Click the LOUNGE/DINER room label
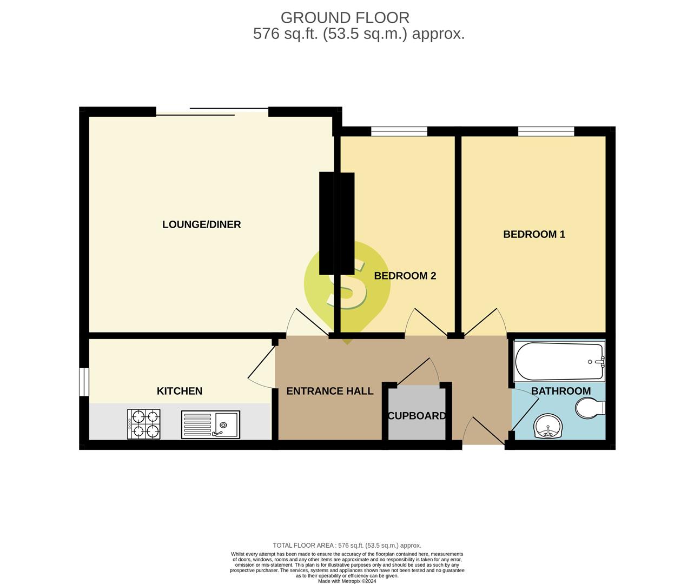point(201,224)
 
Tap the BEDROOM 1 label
point(534,234)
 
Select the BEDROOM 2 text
point(405,276)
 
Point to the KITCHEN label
point(180,391)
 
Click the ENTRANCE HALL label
point(330,391)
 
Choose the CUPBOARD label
point(417,416)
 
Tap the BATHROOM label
point(561,391)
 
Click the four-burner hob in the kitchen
point(143,424)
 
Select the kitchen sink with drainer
point(210,424)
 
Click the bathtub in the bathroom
point(559,361)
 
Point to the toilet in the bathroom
point(590,408)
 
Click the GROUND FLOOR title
point(345,18)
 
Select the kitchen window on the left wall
point(84,382)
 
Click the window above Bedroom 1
point(546,131)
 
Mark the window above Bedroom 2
point(399,131)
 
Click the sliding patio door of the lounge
point(212,112)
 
